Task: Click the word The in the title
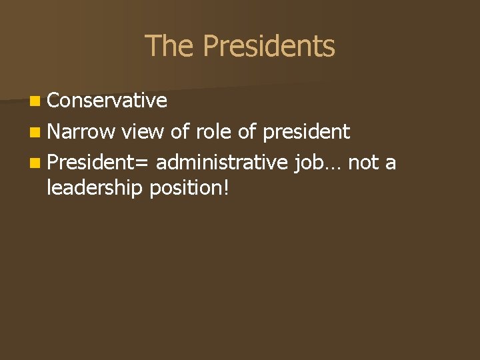(x=169, y=47)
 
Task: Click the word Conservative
(x=107, y=100)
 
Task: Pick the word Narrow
(x=81, y=132)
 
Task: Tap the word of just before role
(x=181, y=132)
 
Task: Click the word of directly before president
(x=247, y=132)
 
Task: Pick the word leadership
(x=95, y=189)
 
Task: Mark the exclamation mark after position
(x=227, y=187)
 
